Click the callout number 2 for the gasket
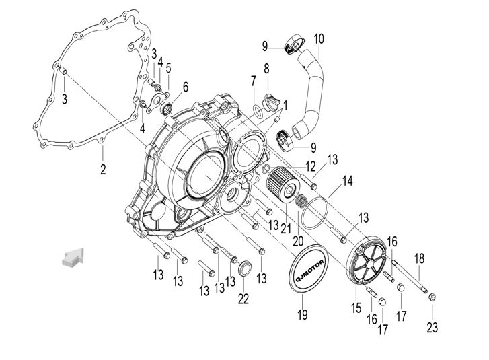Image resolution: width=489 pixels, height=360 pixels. [x=103, y=169]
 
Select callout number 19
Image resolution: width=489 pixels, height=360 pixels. [x=303, y=314]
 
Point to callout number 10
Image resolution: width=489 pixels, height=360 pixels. [x=319, y=38]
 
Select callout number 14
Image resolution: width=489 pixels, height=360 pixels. [x=347, y=180]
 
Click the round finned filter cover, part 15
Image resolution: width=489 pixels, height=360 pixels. [x=369, y=265]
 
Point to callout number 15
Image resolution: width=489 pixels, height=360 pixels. [x=356, y=308]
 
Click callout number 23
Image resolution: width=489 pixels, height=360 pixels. [x=432, y=328]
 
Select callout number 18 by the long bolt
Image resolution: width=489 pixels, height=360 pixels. [x=419, y=258]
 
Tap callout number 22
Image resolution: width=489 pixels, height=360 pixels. [x=243, y=298]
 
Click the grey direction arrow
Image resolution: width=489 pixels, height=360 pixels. [x=72, y=256]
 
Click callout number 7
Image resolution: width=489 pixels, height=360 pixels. [x=253, y=81]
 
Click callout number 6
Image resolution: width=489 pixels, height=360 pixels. [x=186, y=86]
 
